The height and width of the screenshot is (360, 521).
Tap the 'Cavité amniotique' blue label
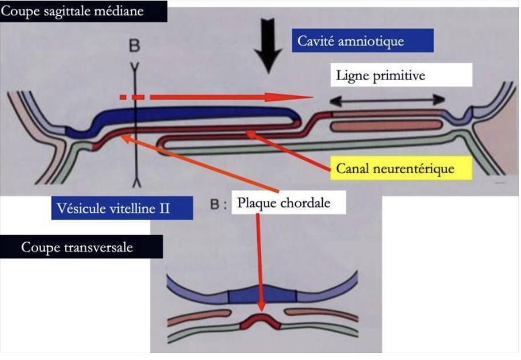coord(363,41)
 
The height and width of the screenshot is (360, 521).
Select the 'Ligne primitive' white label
coord(401,75)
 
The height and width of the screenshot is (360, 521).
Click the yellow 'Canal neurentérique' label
coord(401,168)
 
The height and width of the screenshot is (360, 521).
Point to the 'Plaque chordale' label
coord(288,202)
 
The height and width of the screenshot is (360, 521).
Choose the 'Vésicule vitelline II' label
coord(122,208)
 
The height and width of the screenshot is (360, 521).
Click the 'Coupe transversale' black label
coord(81,247)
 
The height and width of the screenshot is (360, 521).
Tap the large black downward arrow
coord(268,46)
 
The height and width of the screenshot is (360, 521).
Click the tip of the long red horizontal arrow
coord(312,97)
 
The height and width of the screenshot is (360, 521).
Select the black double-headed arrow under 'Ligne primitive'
coord(387,100)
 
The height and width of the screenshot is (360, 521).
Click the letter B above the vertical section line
coord(135,46)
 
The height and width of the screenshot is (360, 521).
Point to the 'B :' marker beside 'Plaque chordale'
coord(219,204)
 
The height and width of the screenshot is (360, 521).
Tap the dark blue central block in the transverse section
coord(262,294)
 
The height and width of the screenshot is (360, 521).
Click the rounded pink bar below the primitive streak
coord(386,126)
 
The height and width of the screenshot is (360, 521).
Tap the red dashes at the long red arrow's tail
coord(132,97)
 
